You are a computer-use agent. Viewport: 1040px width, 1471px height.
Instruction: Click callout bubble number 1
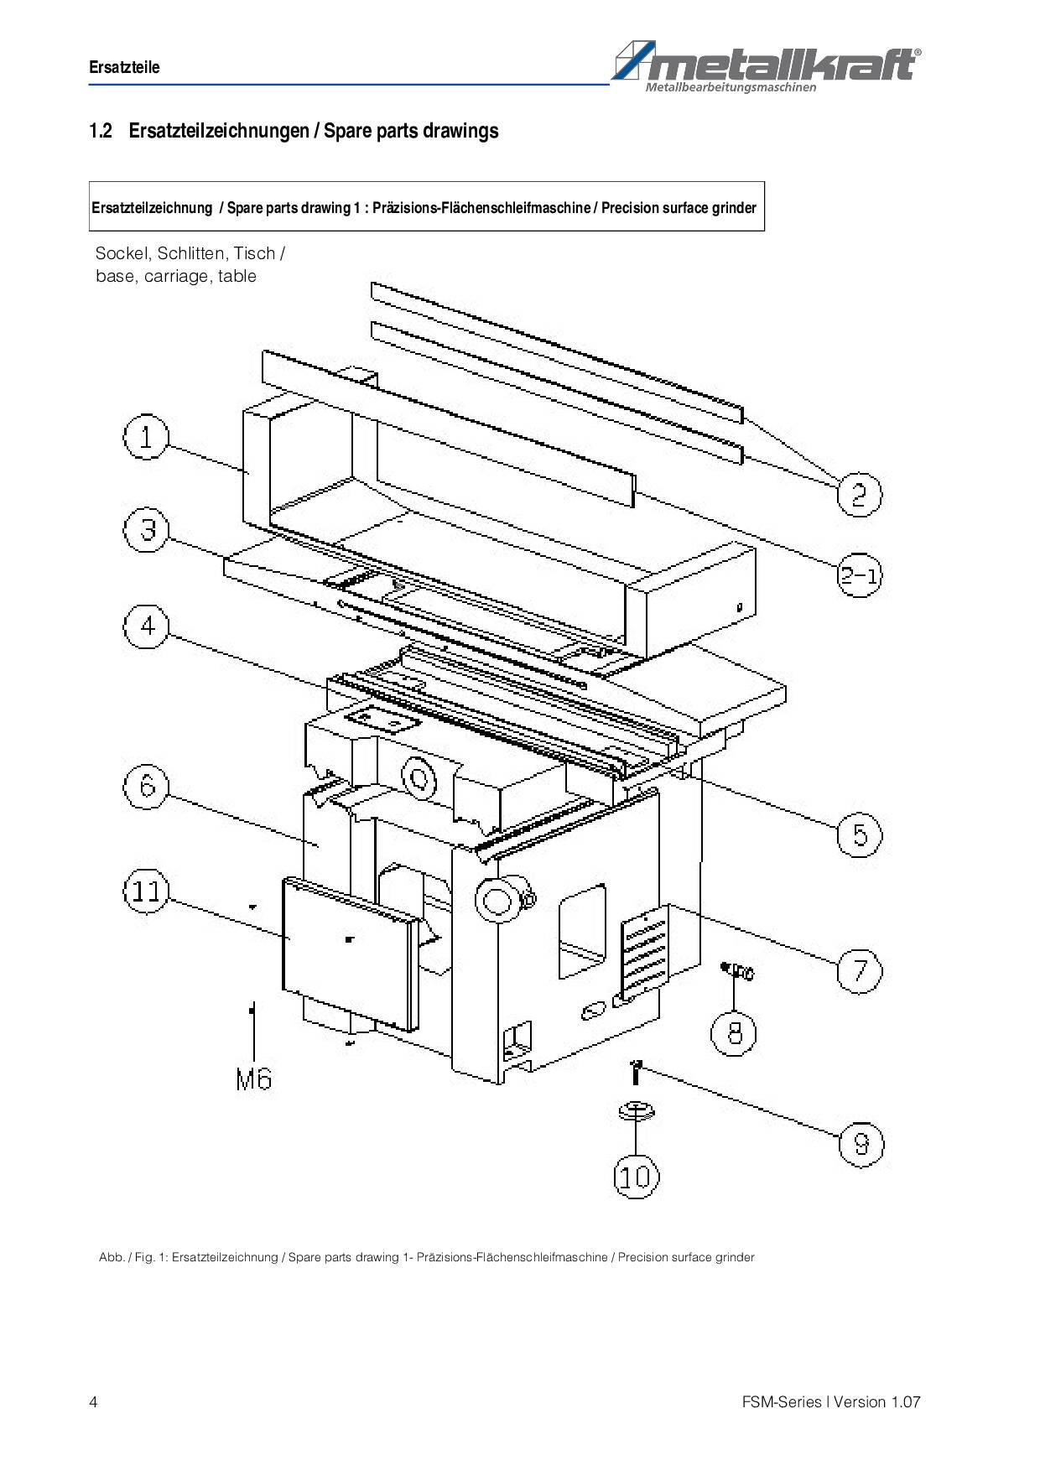pyautogui.click(x=146, y=437)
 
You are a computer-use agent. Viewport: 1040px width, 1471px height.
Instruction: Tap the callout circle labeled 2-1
pyautogui.click(x=860, y=576)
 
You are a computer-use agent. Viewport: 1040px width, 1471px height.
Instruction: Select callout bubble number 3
pyautogui.click(x=147, y=530)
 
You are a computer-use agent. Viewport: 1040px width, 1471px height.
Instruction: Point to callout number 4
pyautogui.click(x=147, y=626)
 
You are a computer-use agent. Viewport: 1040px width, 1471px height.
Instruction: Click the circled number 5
pyautogui.click(x=860, y=834)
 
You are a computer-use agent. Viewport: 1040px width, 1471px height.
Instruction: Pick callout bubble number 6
pyautogui.click(x=147, y=787)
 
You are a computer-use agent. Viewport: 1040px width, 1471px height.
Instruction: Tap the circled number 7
pyautogui.click(x=860, y=970)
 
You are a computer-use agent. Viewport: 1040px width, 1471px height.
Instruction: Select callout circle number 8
pyautogui.click(x=734, y=1032)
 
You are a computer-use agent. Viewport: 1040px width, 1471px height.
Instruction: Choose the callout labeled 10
pyautogui.click(x=636, y=1177)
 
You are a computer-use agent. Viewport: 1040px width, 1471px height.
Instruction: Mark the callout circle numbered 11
pyautogui.click(x=146, y=891)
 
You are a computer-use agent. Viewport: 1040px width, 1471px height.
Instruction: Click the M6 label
pyautogui.click(x=254, y=1079)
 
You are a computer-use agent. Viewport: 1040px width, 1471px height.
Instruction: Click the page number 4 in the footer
pyautogui.click(x=93, y=1402)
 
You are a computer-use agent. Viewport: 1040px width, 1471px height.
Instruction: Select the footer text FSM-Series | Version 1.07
pyautogui.click(x=830, y=1402)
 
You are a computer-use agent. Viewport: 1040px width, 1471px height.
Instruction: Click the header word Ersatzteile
pyautogui.click(x=124, y=67)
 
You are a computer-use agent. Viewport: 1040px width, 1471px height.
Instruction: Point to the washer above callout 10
pyautogui.click(x=637, y=1111)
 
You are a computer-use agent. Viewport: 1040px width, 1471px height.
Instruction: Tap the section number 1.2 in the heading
pyautogui.click(x=101, y=131)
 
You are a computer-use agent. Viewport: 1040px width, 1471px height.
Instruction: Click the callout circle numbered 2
pyautogui.click(x=860, y=495)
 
